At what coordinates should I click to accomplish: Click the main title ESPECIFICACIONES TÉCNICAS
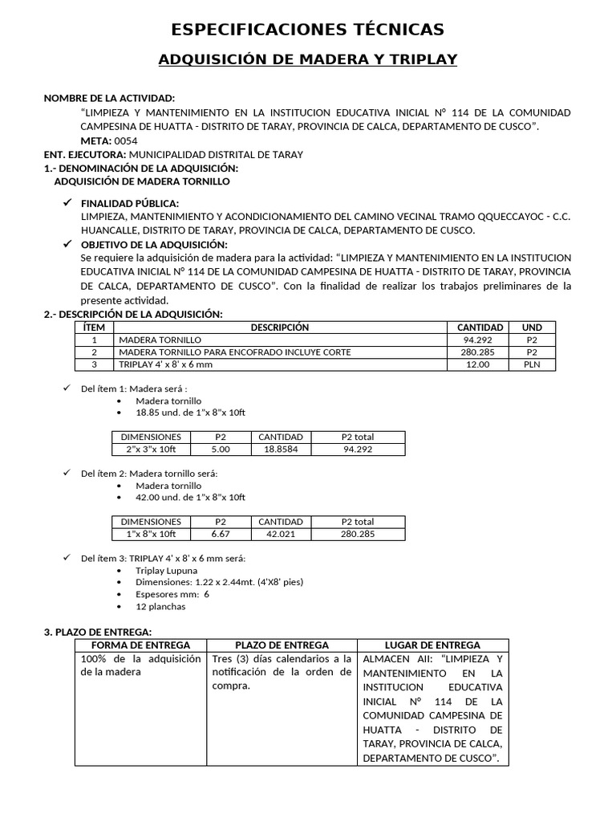click(308, 30)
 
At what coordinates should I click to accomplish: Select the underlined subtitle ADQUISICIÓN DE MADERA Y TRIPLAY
click(308, 60)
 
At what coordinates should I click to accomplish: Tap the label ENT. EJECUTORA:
click(84, 154)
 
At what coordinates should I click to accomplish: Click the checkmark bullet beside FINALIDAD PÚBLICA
click(68, 203)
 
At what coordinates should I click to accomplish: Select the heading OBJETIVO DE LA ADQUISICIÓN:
click(154, 244)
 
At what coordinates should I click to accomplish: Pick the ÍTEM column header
click(95, 328)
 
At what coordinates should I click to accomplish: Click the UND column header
click(532, 328)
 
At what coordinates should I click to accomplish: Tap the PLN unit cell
click(532, 364)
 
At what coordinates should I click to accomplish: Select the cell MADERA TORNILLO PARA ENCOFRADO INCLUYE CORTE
click(234, 352)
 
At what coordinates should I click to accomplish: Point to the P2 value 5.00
click(221, 450)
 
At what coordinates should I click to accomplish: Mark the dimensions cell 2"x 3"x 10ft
click(151, 450)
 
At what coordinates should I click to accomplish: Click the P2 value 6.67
click(221, 534)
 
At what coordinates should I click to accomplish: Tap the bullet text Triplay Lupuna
click(166, 571)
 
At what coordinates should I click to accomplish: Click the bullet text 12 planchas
click(160, 606)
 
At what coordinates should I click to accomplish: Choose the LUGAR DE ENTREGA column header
click(432, 645)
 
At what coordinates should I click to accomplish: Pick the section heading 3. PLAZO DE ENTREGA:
click(97, 633)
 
